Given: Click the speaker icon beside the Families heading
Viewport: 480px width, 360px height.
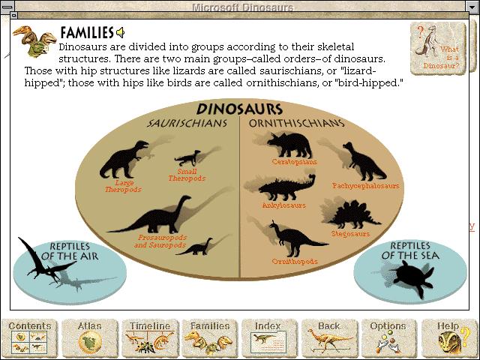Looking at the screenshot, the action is [120, 32].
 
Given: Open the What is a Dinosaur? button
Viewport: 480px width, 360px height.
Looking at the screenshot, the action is [438, 48].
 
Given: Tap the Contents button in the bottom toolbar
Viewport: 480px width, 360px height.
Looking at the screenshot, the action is [30, 338].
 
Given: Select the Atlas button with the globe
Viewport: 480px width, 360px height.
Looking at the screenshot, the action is [90, 338].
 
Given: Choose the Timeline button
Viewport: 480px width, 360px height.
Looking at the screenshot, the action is [150, 338].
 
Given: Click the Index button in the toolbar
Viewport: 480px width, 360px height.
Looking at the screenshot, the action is [270, 338].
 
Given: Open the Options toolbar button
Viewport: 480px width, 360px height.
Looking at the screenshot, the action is [389, 338].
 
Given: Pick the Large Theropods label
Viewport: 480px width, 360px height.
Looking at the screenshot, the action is [123, 186].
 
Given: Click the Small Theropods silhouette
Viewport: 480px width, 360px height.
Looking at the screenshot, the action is [187, 157].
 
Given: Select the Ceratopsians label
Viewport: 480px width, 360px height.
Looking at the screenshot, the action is [294, 162].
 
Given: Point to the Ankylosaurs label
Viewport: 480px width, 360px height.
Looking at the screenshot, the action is [284, 205].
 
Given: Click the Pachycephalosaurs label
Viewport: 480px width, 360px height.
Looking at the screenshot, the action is [366, 186].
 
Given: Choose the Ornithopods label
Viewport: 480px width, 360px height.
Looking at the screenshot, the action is [295, 262].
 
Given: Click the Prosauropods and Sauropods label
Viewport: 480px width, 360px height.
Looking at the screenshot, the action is [160, 241].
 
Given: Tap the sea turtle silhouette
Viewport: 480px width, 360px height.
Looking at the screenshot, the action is [413, 277].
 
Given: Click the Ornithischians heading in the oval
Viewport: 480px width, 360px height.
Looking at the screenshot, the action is [296, 123].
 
